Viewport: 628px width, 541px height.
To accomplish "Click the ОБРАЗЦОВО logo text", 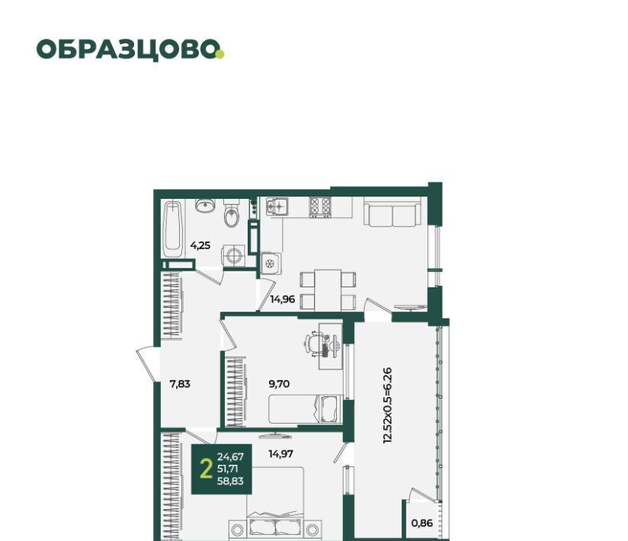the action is [x=128, y=50].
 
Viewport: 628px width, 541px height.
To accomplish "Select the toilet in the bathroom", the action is [x=232, y=213].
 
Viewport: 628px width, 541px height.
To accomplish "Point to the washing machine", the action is [x=233, y=255].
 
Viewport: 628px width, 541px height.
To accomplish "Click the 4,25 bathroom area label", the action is [x=200, y=245].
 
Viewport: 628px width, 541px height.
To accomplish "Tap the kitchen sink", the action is [x=277, y=206].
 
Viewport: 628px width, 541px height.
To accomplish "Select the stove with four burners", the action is [x=320, y=207].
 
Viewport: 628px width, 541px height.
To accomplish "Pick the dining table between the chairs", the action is [x=328, y=290].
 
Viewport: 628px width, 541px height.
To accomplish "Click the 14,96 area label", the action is [x=282, y=299].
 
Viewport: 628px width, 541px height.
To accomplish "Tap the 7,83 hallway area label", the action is [x=180, y=384].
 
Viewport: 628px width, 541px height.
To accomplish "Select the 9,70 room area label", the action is [x=279, y=384].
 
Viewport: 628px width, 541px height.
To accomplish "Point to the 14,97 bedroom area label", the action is [x=280, y=453].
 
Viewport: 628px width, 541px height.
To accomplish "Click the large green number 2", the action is [x=206, y=469].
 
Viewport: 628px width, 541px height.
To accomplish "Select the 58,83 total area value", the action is [x=230, y=482].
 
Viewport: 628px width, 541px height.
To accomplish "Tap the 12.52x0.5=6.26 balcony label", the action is [x=387, y=405].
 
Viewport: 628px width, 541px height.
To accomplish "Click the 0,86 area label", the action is [x=422, y=523].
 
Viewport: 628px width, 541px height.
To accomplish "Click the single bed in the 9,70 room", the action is [x=306, y=409].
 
